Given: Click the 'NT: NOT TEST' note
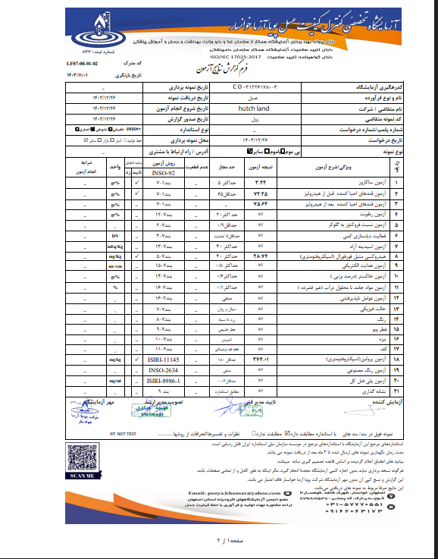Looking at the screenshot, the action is (x=124, y=431).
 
